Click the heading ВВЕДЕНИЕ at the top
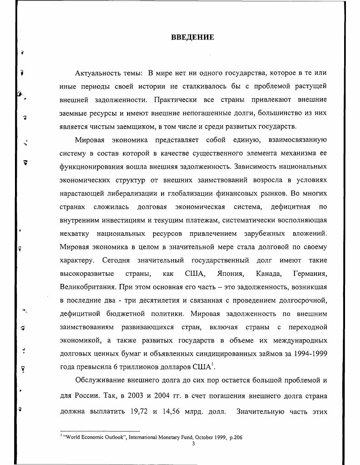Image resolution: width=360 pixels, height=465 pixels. tap(192, 37)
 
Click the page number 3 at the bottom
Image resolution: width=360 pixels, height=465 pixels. tap(193, 443)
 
